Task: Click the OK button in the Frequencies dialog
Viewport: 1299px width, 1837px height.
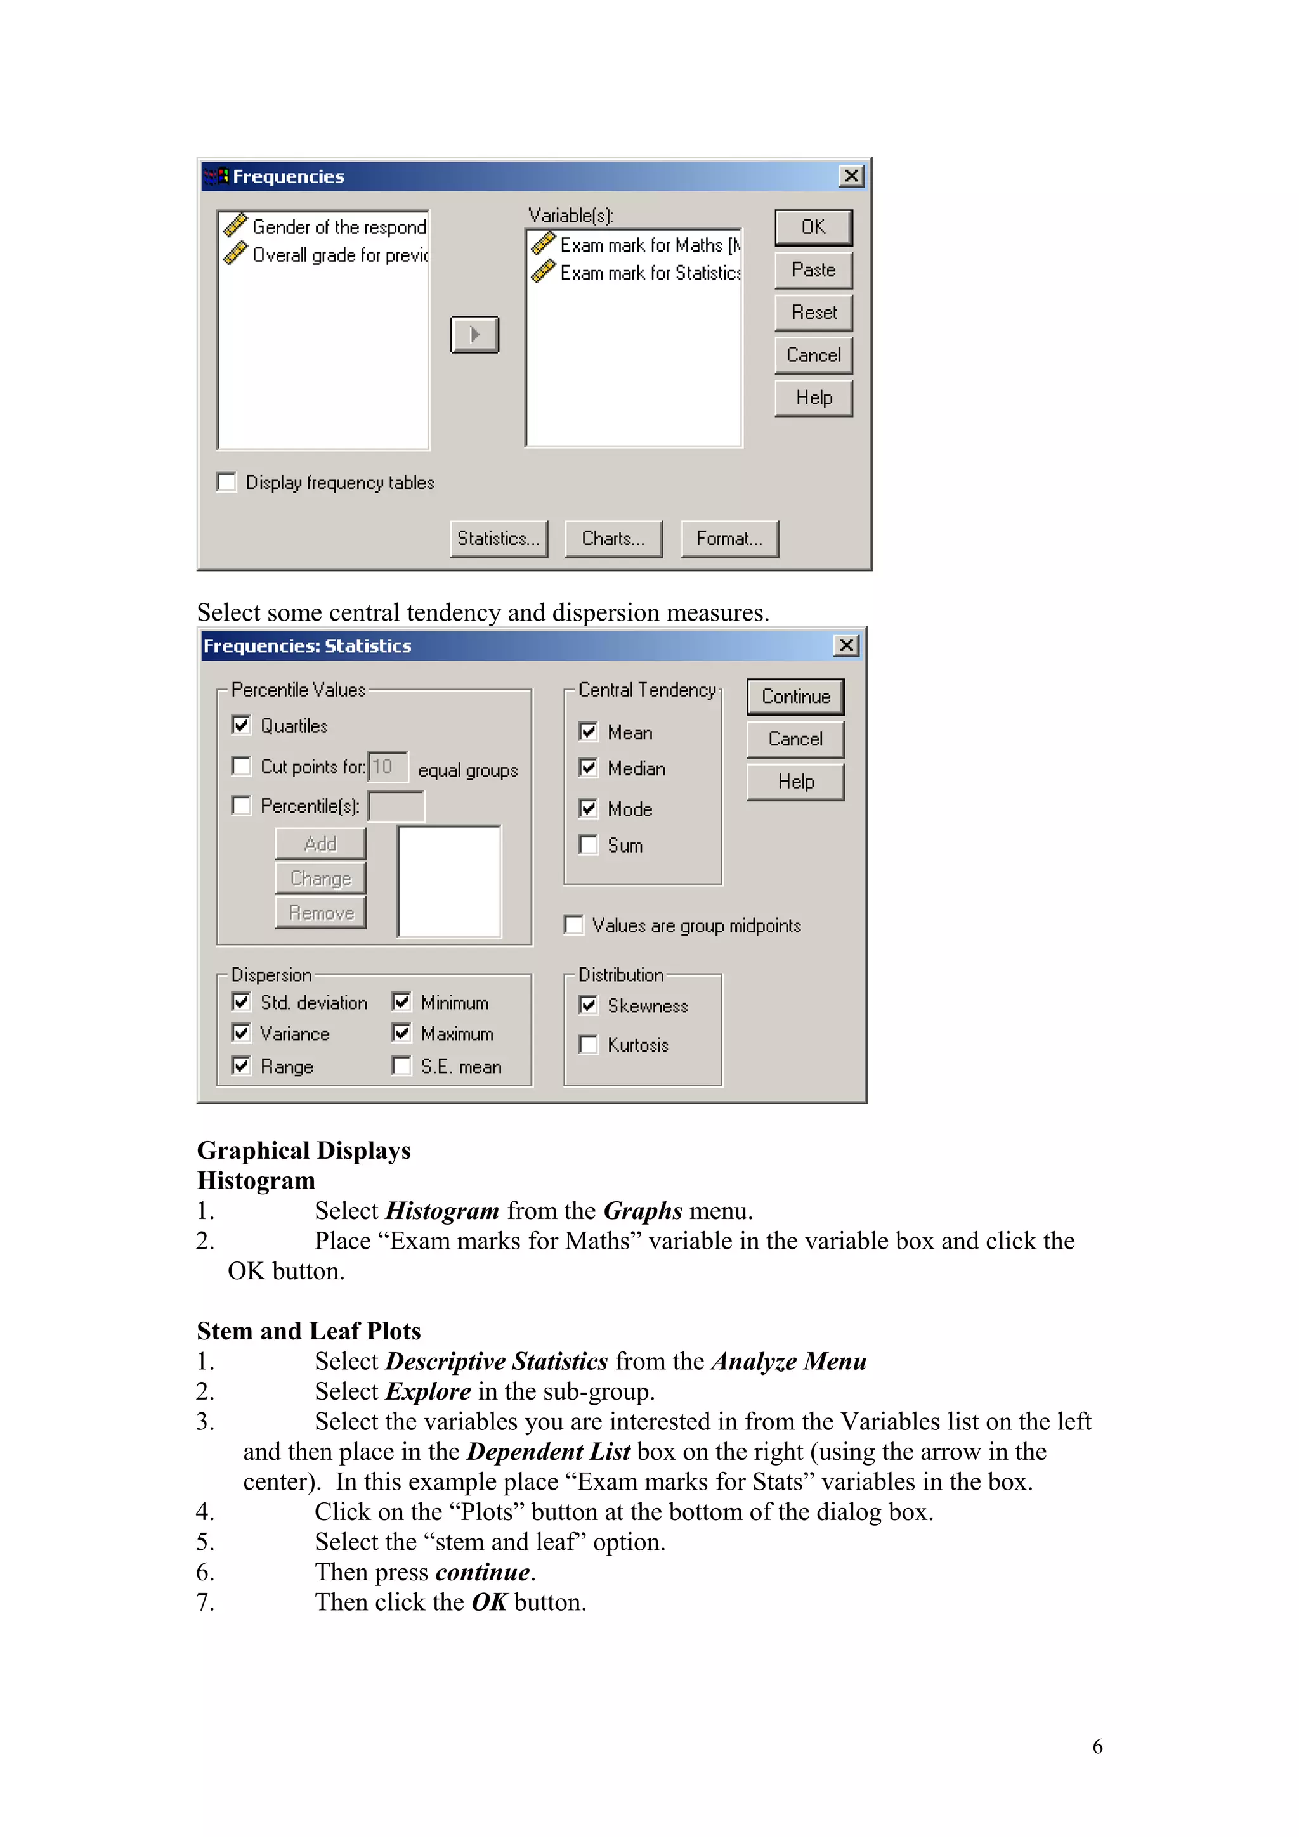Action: [813, 228]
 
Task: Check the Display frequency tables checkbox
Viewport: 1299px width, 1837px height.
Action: [227, 482]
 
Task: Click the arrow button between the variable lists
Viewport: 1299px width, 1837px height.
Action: [474, 335]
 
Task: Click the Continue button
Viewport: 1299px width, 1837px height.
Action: [795, 697]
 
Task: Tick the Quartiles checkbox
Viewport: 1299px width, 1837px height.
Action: [241, 725]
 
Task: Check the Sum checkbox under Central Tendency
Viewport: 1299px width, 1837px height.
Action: [588, 845]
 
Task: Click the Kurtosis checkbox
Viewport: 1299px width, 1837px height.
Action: [588, 1044]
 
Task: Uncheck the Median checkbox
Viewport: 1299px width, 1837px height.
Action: [588, 768]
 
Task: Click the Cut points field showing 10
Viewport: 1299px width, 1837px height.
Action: [388, 766]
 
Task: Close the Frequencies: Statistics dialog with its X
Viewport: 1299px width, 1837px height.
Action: [846, 646]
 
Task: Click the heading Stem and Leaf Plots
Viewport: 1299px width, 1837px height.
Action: [308, 1331]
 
